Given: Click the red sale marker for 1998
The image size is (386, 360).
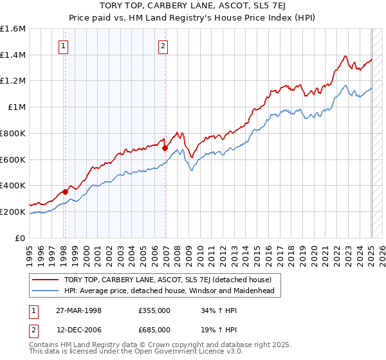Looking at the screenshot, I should pos(65,191).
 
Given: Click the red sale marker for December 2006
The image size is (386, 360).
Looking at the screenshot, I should pos(165,148).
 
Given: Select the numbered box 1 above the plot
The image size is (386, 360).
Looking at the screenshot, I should pos(64,46).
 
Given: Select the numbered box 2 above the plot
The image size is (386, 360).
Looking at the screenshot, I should pos(163,46).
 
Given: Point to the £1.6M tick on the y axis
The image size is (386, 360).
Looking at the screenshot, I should pos(13,29).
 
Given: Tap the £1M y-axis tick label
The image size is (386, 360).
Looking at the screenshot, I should pos(17,107).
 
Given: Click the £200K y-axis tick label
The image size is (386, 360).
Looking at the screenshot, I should pos(13,212).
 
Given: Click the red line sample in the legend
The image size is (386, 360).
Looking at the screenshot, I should pos(46,280).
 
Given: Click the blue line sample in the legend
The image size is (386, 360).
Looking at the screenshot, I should pos(46,291).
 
